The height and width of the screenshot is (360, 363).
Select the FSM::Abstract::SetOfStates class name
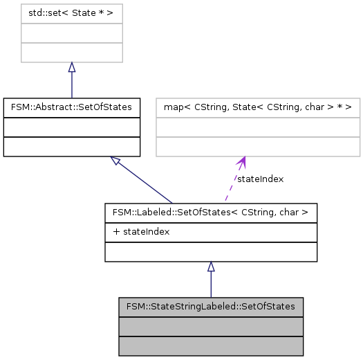pos(72,107)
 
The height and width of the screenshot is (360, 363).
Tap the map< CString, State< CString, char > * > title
pos(258,107)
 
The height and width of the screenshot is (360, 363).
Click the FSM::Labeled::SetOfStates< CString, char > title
pos(211,212)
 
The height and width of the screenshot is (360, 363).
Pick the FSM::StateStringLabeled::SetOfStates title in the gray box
pos(211,306)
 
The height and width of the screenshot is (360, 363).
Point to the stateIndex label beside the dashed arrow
pos(260,179)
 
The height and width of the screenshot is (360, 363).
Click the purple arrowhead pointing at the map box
pos(241,163)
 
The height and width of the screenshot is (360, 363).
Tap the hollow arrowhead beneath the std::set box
pos(71,68)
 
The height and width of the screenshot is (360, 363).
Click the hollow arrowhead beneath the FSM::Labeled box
pos(211,267)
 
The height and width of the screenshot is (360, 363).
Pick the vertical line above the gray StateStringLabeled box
pos(211,285)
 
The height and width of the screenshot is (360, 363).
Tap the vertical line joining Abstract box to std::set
pos(71,85)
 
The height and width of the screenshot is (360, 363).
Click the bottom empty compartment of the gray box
pos(211,345)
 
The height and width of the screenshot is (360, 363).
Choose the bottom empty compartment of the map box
pos(258,147)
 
